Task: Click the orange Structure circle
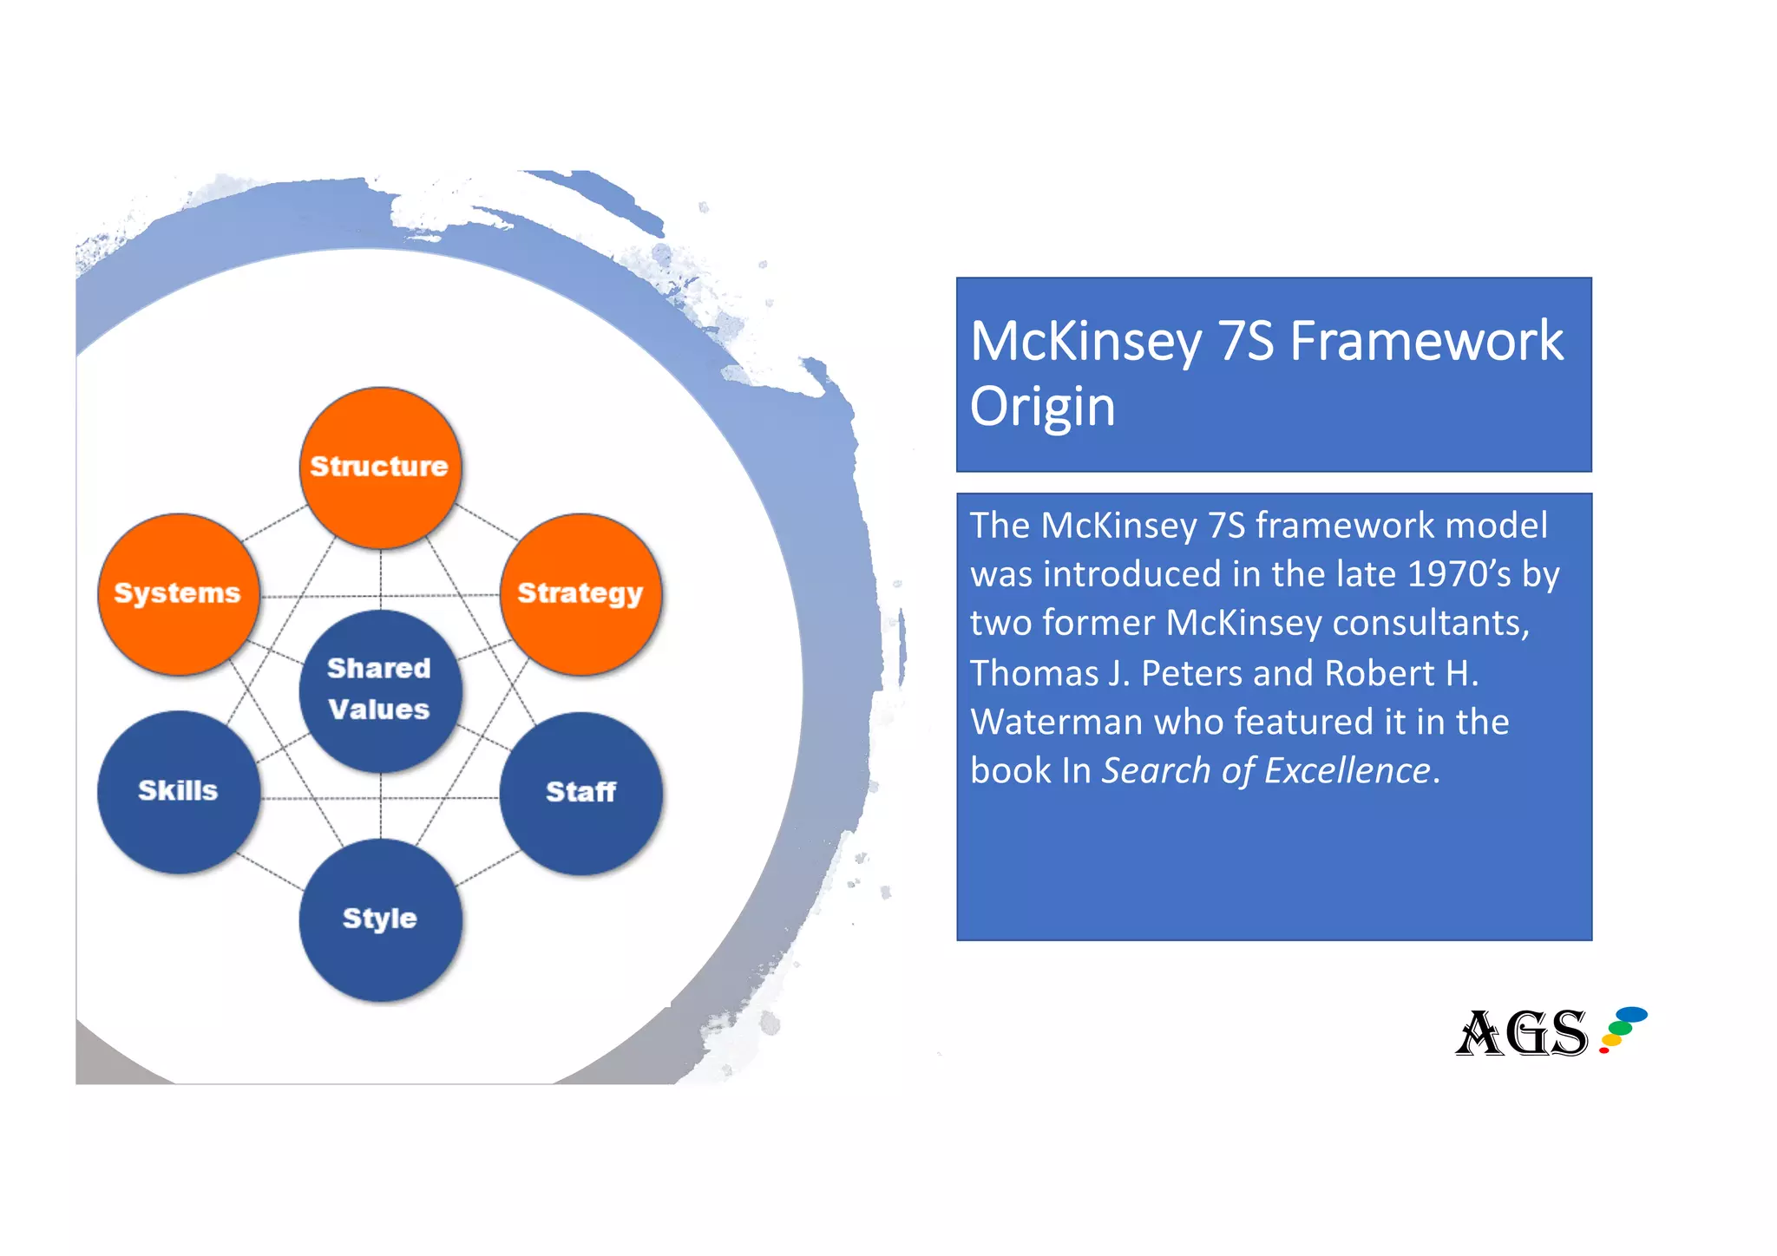click(x=379, y=468)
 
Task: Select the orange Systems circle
click(x=178, y=594)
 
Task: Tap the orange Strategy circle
click(x=580, y=594)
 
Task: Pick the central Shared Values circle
click(x=379, y=690)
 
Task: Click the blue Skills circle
click(x=178, y=791)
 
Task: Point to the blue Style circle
click(x=379, y=919)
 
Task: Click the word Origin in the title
click(x=1042, y=406)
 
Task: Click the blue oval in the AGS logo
click(x=1631, y=1014)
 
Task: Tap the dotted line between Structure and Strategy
click(x=487, y=523)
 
